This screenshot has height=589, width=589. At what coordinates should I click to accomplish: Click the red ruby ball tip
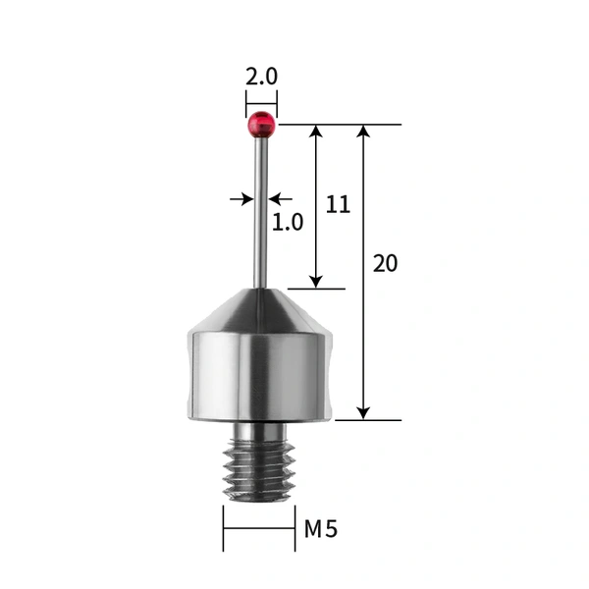click(261, 123)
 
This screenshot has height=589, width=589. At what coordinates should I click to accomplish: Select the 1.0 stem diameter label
click(287, 222)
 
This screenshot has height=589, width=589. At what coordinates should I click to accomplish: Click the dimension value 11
click(338, 204)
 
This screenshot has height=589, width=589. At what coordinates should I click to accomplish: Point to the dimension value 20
click(386, 263)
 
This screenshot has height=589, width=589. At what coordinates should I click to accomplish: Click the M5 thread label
click(320, 530)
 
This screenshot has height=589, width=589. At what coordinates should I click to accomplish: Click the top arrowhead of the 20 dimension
click(364, 132)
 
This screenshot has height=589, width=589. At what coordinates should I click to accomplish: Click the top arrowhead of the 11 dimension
click(316, 132)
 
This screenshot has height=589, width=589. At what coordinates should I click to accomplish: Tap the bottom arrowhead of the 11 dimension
click(316, 281)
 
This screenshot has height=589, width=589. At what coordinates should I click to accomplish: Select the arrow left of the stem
click(243, 199)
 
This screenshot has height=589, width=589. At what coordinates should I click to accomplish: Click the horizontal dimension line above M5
click(259, 530)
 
